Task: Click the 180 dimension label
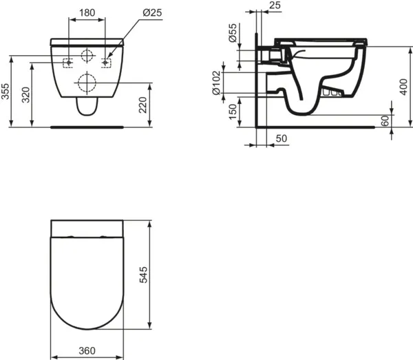click(87, 12)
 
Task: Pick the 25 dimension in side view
click(275, 6)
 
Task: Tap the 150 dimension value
click(233, 110)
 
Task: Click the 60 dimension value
click(385, 120)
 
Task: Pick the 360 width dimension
click(87, 350)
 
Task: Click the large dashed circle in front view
click(87, 84)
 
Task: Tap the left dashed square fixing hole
click(68, 63)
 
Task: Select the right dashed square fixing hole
click(106, 63)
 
